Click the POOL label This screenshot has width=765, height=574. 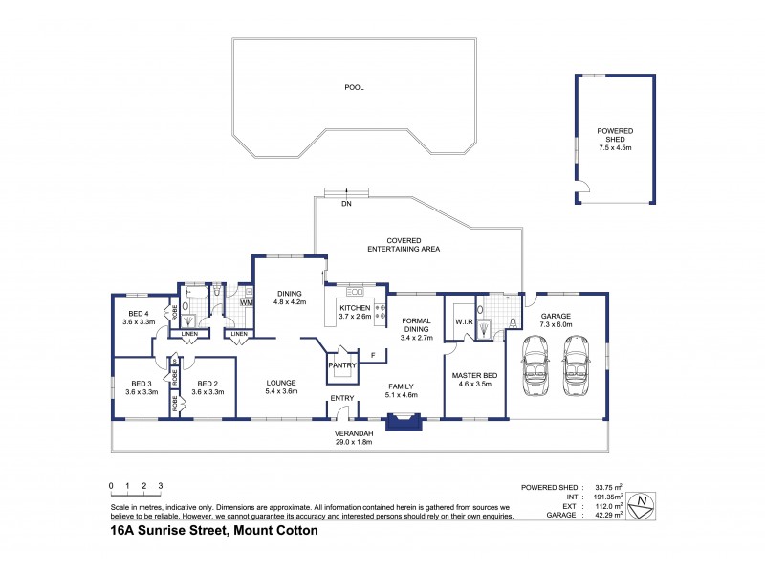tap(354, 87)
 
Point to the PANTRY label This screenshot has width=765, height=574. tap(341, 364)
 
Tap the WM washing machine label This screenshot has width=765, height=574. tap(246, 303)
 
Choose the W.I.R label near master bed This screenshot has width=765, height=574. tap(466, 321)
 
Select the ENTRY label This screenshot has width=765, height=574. tap(341, 398)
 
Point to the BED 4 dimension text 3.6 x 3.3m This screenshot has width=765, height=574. tap(139, 322)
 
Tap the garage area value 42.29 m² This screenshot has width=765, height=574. tap(605, 516)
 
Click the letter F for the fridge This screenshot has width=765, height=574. tap(374, 356)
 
